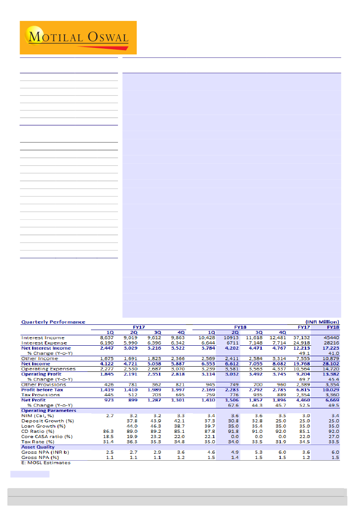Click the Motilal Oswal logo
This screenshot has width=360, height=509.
click(78, 37)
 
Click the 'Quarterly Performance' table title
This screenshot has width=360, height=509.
click(54, 322)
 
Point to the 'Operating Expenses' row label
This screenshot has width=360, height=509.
click(48, 369)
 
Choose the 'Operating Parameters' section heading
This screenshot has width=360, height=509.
click(49, 411)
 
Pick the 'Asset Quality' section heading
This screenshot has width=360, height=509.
click(38, 447)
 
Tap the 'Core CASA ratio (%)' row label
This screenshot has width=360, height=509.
click(47, 436)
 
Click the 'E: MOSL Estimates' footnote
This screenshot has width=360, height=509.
click(46, 462)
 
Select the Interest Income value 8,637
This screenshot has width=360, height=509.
click(107, 338)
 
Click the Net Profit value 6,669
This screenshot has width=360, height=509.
click(331, 400)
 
